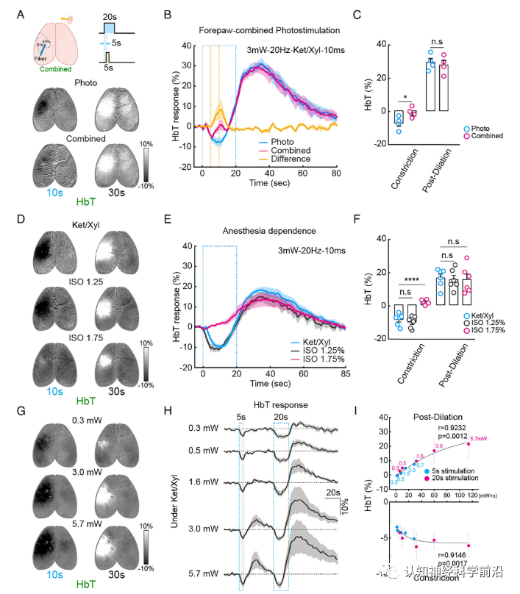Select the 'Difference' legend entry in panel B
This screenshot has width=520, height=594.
coord(290,158)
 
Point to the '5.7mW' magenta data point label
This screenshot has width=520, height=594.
coord(479,440)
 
